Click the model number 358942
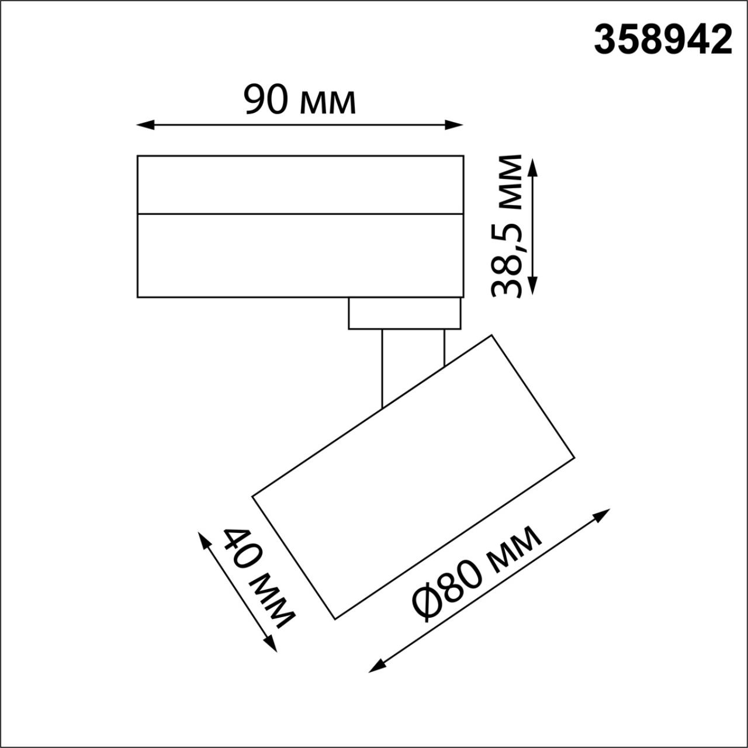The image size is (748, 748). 663,40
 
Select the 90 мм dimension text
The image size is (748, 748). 299,100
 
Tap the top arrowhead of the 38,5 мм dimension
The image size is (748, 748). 532,165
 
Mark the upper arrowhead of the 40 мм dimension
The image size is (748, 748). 204,539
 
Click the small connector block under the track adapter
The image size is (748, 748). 404,313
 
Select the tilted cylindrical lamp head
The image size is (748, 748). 414,476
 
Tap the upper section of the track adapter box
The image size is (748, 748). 300,184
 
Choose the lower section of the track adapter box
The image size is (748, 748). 300,255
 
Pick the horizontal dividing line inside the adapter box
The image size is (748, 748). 300,214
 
